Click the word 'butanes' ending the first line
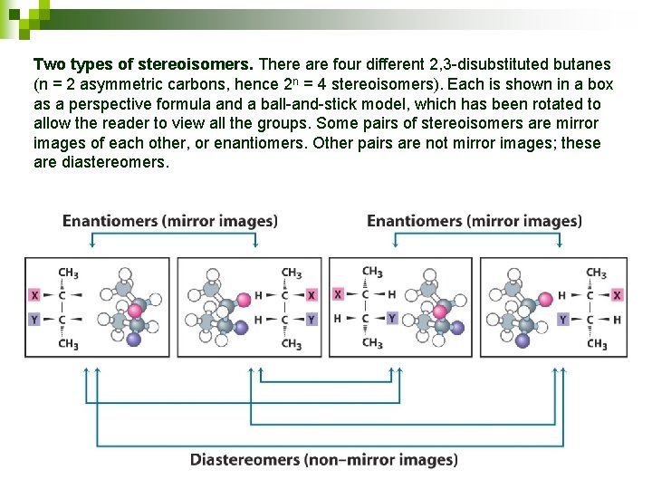point(584,65)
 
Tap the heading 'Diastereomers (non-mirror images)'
point(324,460)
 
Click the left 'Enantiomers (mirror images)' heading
point(170,221)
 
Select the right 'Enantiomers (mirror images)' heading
point(475,221)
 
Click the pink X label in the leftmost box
point(34,295)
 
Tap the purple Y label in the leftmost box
point(34,320)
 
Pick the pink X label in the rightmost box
point(617,295)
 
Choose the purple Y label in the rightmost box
point(563,320)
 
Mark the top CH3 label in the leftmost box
point(68,272)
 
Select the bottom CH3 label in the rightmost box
point(596,344)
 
